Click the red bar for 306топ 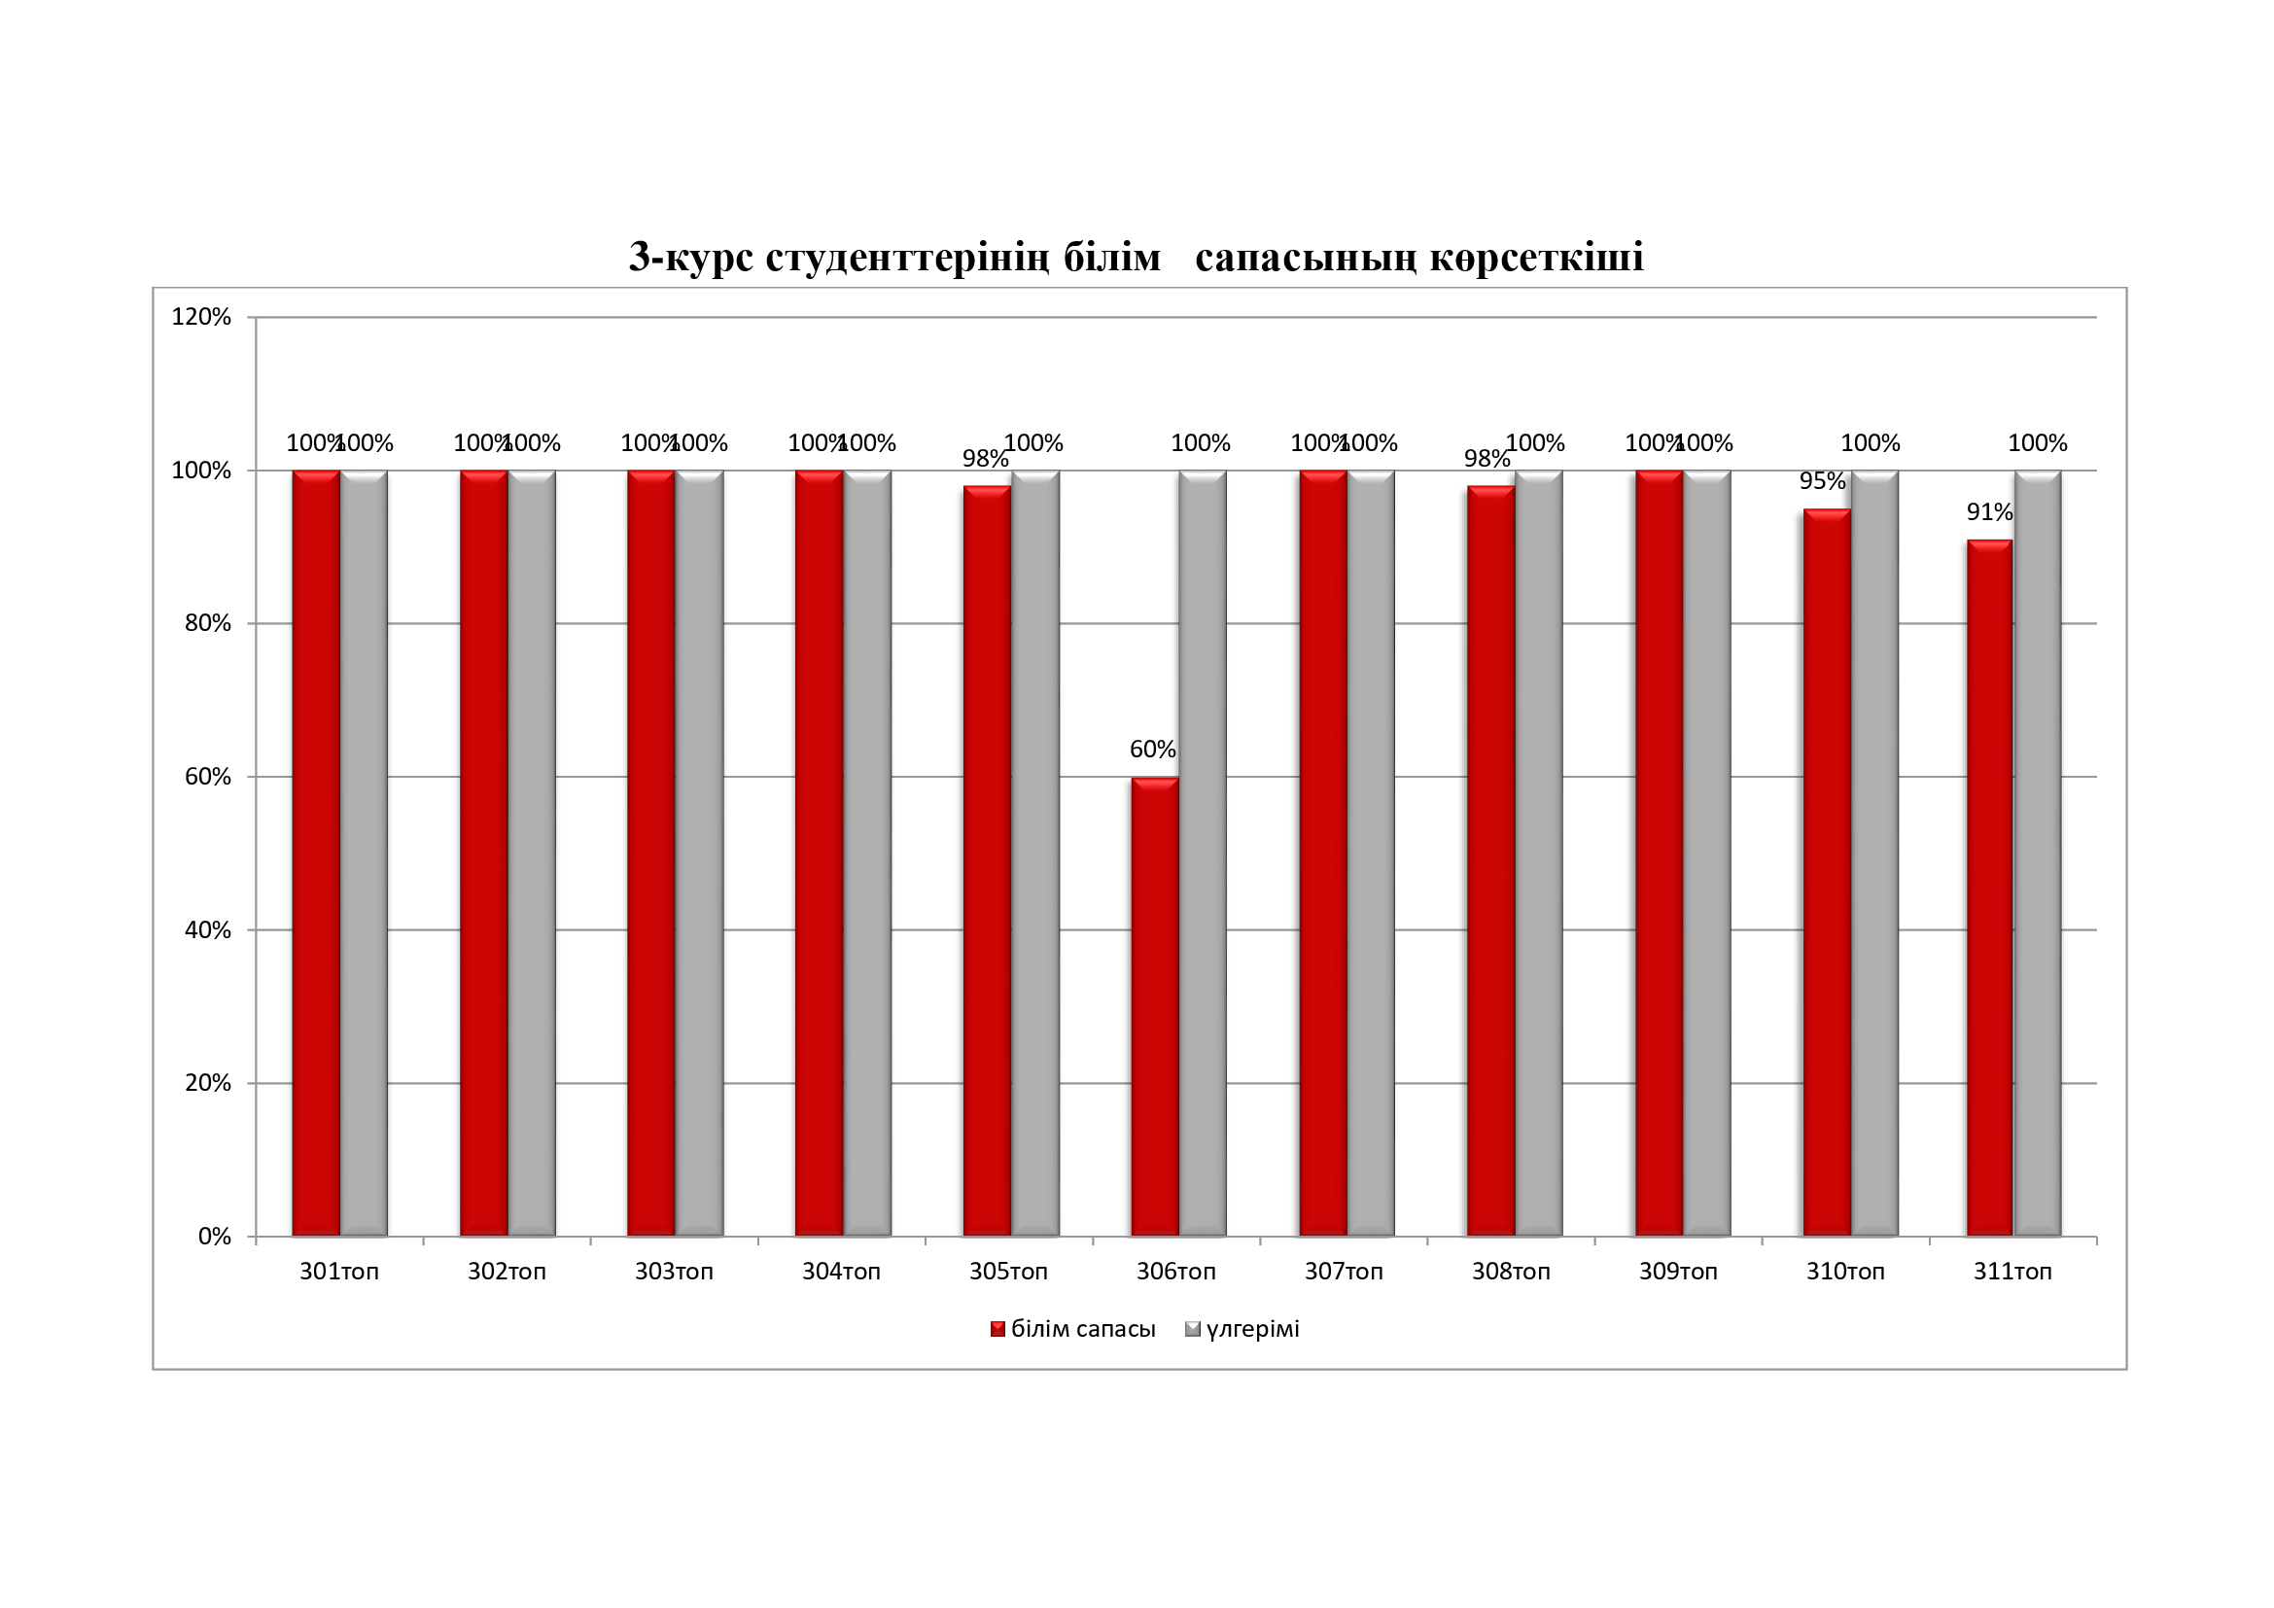click(x=1155, y=1006)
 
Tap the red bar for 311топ click(x=1990, y=888)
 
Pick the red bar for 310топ click(x=1827, y=871)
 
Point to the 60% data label click(x=1153, y=750)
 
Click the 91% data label click(x=1990, y=512)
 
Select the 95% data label click(x=1822, y=481)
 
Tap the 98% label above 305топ click(x=986, y=459)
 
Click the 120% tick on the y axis click(x=201, y=317)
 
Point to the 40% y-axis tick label click(x=207, y=929)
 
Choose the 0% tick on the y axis click(x=214, y=1237)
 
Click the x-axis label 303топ click(x=674, y=1272)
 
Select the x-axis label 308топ click(x=1511, y=1272)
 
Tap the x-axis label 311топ click(x=2012, y=1272)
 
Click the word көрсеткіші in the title click(x=1537, y=258)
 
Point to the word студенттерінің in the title click(x=906, y=258)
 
